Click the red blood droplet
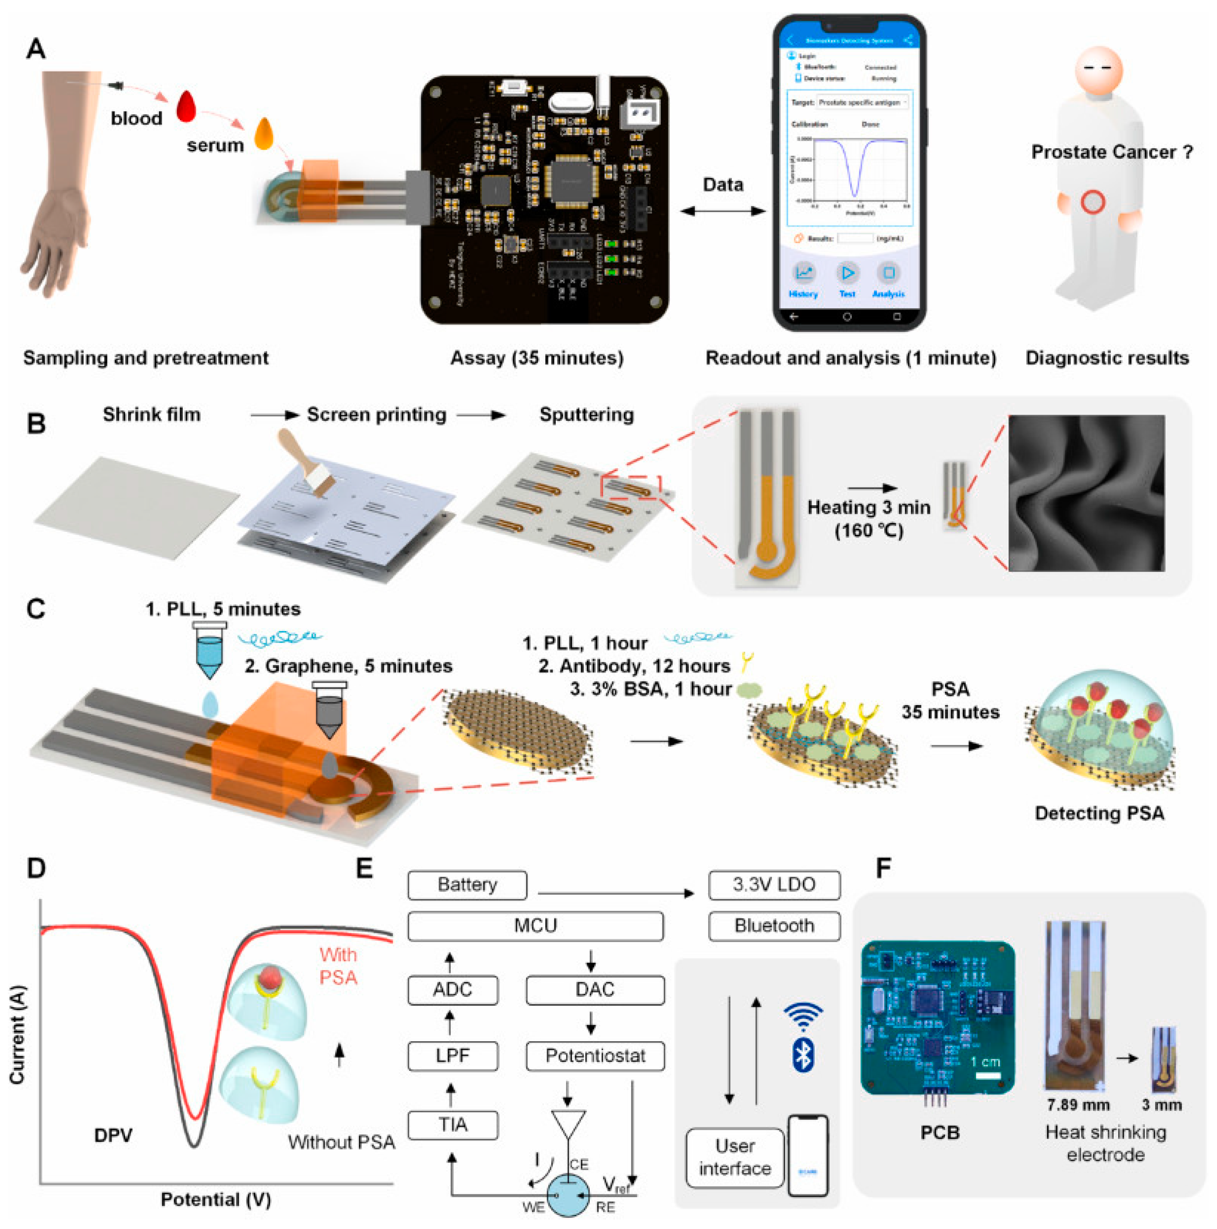pos(186,107)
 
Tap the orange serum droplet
pos(263,134)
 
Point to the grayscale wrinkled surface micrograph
pos(1086,493)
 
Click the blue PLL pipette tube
pos(209,649)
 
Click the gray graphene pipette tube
pos(329,709)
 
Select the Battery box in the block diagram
pos(467,885)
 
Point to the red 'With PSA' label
pos(338,966)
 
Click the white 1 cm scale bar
pos(987,1077)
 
